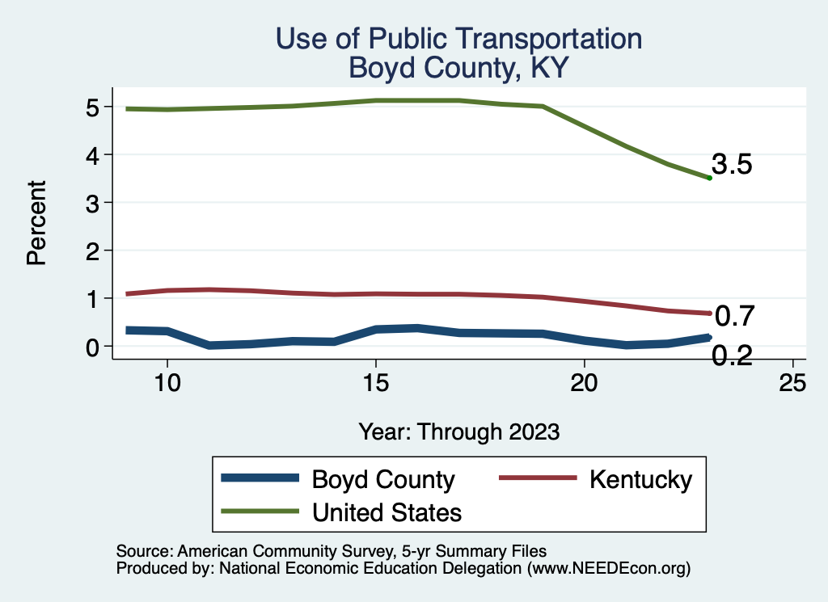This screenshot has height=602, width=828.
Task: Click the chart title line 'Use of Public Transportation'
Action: (x=458, y=39)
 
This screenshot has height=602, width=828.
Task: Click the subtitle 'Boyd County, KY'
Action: (x=458, y=68)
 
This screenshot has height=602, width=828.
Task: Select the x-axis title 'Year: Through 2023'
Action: (x=458, y=431)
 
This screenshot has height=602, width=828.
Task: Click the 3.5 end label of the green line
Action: (x=732, y=165)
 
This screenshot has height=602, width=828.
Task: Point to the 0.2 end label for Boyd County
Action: (x=732, y=355)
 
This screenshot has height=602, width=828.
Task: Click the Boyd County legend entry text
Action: (x=383, y=479)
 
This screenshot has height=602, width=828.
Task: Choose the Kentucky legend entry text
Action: (x=640, y=479)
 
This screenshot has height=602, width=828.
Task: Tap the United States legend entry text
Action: (x=387, y=511)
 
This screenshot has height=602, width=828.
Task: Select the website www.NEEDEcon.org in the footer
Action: (x=608, y=568)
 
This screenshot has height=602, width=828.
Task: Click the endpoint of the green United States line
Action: (x=709, y=178)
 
